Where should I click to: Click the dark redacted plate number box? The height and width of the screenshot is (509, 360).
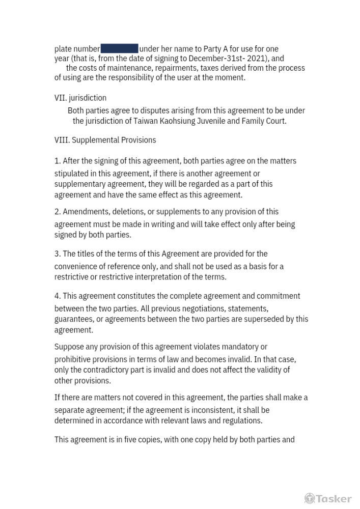(120, 49)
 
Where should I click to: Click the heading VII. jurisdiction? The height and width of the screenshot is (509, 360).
(80, 98)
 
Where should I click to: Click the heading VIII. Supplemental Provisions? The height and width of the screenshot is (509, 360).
(105, 140)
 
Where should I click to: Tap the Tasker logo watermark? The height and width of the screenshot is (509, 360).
(328, 498)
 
